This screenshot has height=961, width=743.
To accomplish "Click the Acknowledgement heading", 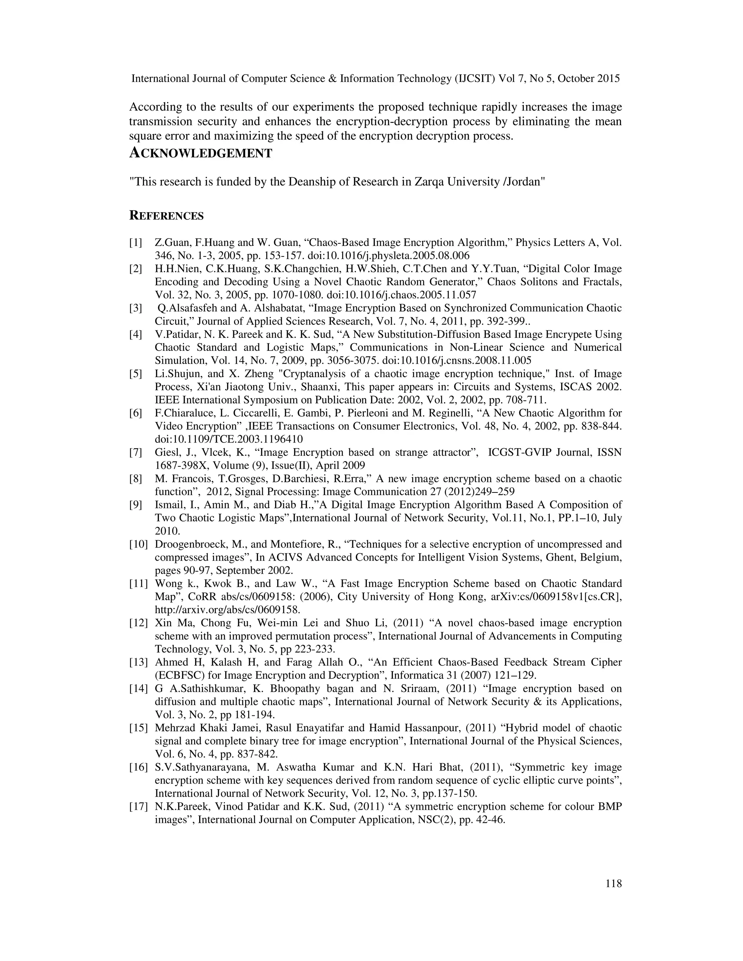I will (x=201, y=153).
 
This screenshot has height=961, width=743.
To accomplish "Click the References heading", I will (x=167, y=216).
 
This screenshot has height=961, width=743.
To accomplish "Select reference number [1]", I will (x=136, y=243).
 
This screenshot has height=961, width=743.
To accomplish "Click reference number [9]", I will (x=136, y=505).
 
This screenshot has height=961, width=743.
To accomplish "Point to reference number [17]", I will (x=138, y=807).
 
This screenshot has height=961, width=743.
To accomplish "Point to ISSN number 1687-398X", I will (x=181, y=466).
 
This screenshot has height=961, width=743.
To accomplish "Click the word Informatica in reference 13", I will (x=416, y=676).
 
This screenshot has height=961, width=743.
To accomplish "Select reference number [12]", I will (x=138, y=623).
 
